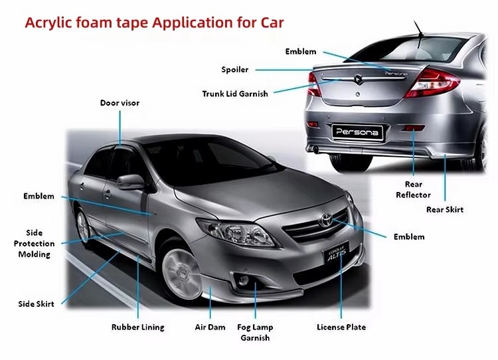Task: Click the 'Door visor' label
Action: (120, 103)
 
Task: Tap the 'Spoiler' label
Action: (234, 70)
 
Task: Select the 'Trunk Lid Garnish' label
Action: (235, 94)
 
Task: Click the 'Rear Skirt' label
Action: (445, 209)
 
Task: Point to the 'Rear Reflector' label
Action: (413, 189)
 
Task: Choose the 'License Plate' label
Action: (341, 327)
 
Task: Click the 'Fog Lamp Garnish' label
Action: (255, 332)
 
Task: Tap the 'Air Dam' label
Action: (210, 327)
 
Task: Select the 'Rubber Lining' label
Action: (138, 327)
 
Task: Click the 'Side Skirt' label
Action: (36, 304)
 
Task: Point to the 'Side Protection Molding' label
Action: (34, 243)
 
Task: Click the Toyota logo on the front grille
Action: (325, 219)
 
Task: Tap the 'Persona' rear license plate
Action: (357, 132)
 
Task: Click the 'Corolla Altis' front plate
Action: (337, 253)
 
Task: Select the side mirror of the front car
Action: (130, 182)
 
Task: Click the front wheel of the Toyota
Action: (181, 273)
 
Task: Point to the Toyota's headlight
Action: (236, 232)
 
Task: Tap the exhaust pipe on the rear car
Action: (315, 149)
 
